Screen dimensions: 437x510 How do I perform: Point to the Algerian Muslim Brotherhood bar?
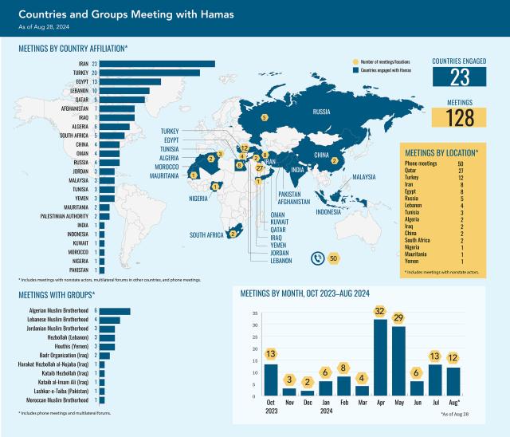click(x=115, y=310)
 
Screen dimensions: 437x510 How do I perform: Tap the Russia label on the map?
click(x=321, y=112)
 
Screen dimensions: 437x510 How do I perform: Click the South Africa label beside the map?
click(x=206, y=235)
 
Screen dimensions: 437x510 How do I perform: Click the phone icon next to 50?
click(x=317, y=258)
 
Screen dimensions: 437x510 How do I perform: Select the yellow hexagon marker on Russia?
click(x=265, y=118)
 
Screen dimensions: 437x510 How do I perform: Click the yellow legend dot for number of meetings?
click(x=356, y=61)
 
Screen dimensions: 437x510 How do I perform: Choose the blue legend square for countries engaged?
click(x=356, y=70)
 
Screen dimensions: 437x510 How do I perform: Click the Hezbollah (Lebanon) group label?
click(x=65, y=337)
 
